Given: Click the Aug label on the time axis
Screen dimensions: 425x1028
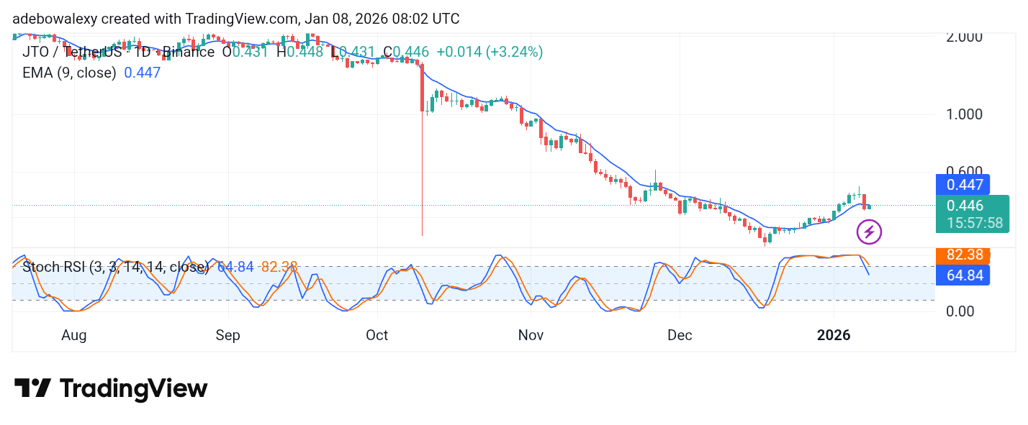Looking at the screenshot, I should point(74,335).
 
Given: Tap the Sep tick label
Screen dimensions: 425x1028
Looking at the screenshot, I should point(227,335).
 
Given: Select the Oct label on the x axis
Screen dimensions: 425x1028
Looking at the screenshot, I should point(377,335).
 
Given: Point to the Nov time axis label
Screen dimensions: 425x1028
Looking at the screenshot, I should point(531,335).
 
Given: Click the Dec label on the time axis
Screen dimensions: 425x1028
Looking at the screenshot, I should point(680,335).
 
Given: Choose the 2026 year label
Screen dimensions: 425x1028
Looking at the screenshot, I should point(834,335).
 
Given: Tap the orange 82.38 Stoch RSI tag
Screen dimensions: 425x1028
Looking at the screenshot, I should point(962,255).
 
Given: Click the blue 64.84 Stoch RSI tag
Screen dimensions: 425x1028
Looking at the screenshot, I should point(962,275).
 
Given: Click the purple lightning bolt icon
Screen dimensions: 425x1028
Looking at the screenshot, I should point(869,232).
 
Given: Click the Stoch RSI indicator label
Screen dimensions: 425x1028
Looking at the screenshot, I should point(115,268).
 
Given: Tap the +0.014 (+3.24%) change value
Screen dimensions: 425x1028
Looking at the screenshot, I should point(490,52).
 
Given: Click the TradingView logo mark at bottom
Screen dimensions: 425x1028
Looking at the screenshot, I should point(32,389).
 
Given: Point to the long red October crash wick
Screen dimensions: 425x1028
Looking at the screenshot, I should point(422,180).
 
